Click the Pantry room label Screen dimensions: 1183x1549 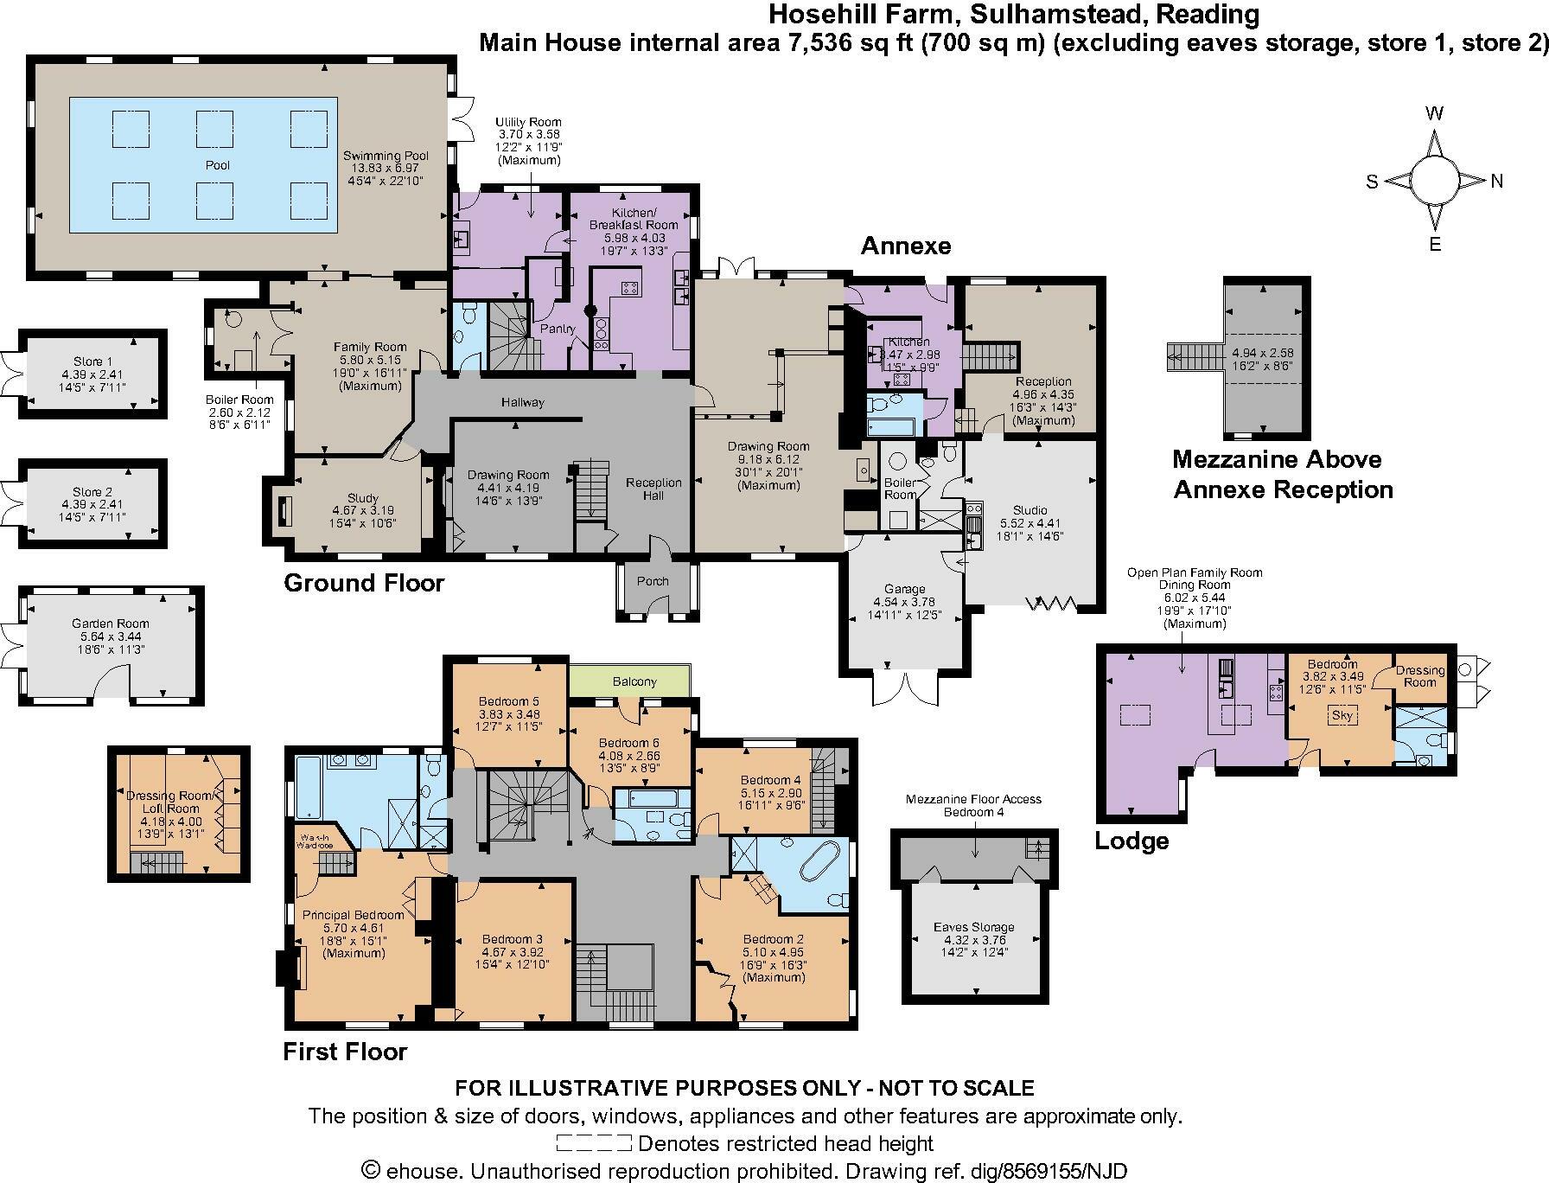coord(558,329)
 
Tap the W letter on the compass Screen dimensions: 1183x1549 coord(1434,113)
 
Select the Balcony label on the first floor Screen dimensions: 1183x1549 coord(634,681)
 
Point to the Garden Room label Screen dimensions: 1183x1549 coord(111,623)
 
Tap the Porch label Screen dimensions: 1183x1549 coord(653,581)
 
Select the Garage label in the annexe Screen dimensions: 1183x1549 coord(904,589)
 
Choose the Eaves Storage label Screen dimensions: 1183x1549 coord(974,927)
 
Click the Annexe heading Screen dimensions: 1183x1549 coord(905,246)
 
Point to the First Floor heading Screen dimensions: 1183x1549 coord(345,1052)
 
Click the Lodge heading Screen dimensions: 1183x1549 coord(1131,841)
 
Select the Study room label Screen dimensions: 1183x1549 coord(362,498)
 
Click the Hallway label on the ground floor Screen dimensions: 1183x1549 coord(523,402)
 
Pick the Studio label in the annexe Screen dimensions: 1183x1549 coord(1029,510)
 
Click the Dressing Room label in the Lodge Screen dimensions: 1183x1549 coord(1420,676)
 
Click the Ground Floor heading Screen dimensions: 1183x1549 coord(364,584)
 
